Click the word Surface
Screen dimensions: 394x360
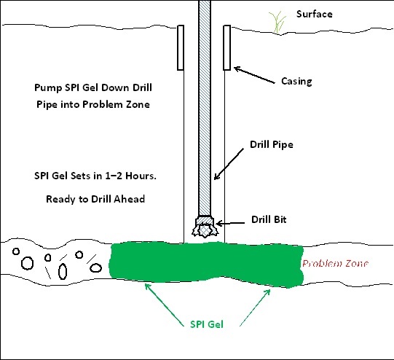coord(315,14)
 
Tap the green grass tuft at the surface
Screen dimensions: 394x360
coord(277,22)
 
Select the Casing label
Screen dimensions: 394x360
coord(296,81)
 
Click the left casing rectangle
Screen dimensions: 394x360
coord(181,47)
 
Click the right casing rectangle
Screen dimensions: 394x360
coord(227,47)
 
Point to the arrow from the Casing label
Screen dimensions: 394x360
coord(254,74)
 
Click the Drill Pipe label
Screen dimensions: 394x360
coord(272,144)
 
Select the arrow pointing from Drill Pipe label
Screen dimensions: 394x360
coord(229,164)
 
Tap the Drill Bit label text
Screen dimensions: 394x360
coord(269,219)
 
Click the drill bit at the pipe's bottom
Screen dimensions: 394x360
coord(205,227)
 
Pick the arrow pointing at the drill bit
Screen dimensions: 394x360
coord(230,223)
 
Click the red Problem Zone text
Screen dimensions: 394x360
coord(335,264)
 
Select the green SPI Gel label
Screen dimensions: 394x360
coord(207,324)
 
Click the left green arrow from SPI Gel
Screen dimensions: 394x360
coord(165,305)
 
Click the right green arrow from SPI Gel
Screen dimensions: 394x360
coord(255,308)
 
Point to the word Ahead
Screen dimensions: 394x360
coord(129,199)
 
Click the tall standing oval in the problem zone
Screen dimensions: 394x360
coord(63,272)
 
